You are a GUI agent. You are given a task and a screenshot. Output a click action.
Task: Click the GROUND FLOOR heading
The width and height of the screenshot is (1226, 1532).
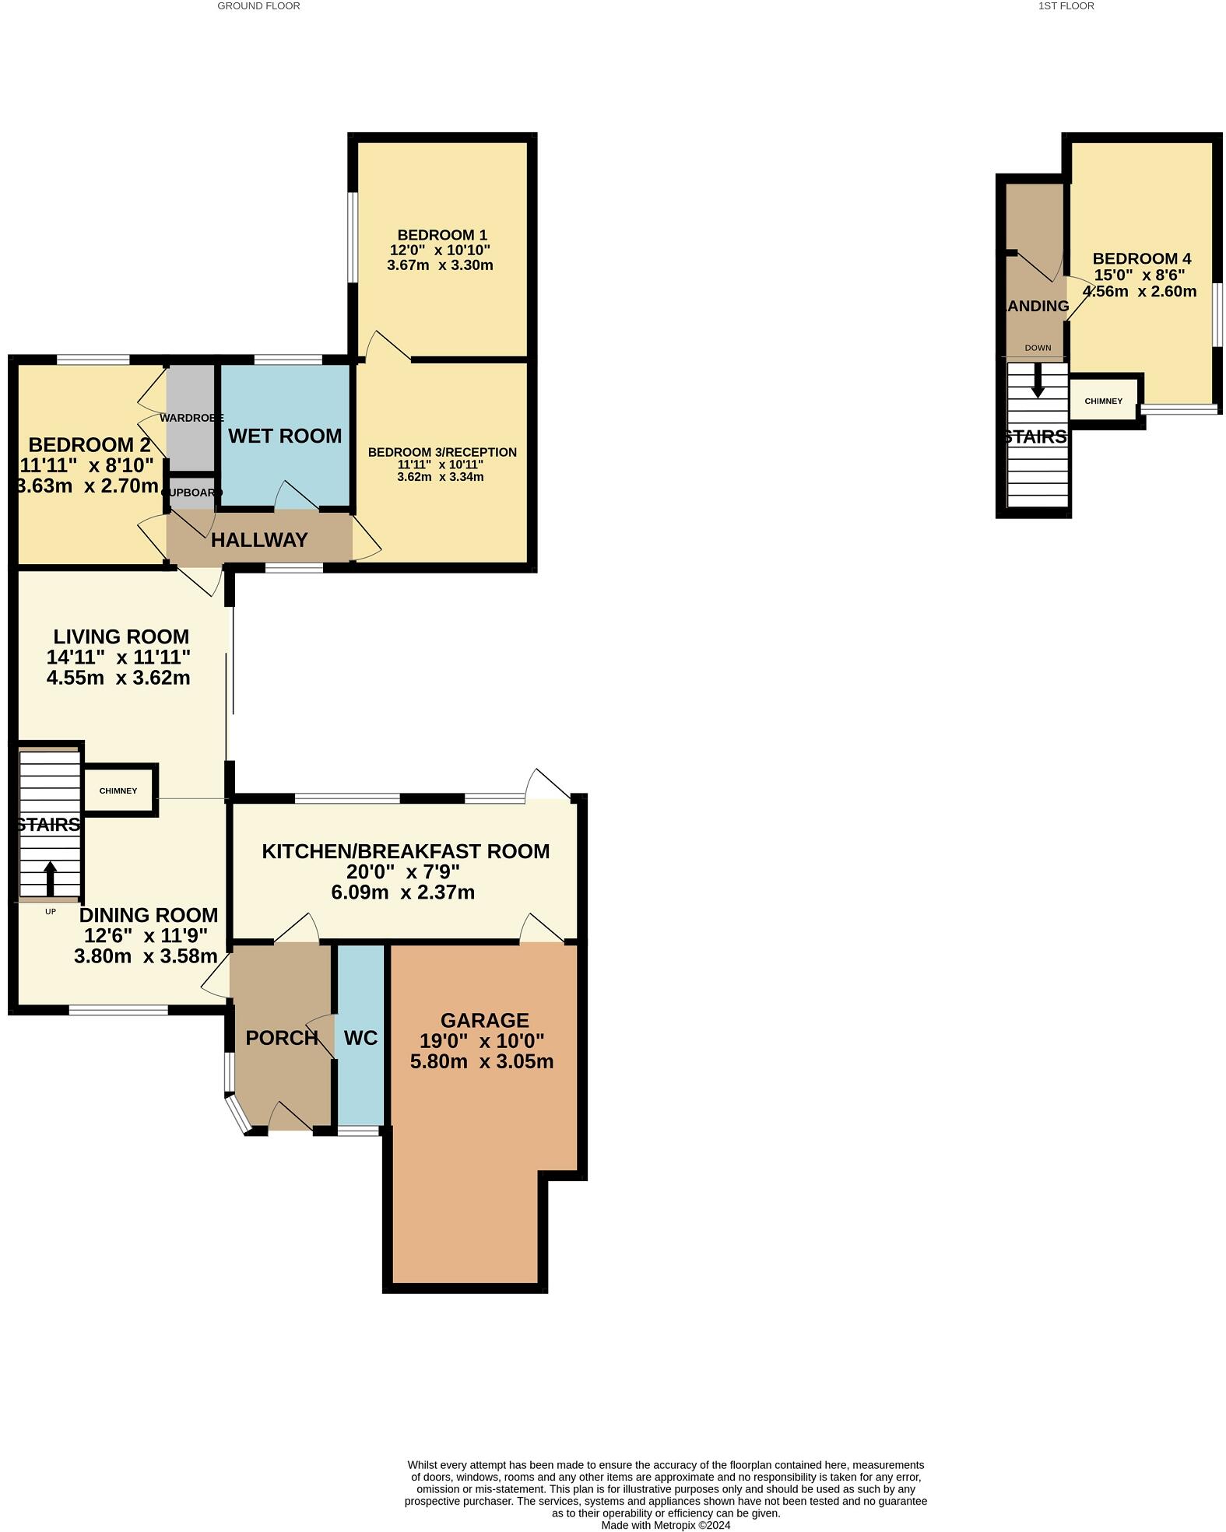coord(258,6)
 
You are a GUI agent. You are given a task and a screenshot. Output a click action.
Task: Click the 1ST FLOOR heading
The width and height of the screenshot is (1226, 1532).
coord(1066,6)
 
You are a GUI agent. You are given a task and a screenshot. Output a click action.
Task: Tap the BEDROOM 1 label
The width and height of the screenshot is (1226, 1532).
coord(441,235)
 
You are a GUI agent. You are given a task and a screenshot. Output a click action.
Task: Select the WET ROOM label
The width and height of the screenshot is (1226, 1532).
coord(285,436)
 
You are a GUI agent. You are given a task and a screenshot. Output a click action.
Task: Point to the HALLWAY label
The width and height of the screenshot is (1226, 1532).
coord(259,540)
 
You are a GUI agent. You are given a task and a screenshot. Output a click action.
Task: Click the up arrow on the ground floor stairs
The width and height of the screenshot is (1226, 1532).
coord(50,878)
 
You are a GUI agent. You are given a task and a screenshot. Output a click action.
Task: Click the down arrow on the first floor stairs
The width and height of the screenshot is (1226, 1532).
coord(1037,381)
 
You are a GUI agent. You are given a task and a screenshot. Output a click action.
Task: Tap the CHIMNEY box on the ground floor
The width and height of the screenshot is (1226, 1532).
coord(118,791)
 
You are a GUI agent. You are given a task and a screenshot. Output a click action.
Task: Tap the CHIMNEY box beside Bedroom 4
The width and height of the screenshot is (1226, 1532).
coord(1103,401)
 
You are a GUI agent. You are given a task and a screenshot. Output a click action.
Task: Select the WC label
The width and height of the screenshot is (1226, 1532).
coord(360,1038)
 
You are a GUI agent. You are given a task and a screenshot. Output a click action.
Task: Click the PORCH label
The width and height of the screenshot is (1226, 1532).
coord(281,1038)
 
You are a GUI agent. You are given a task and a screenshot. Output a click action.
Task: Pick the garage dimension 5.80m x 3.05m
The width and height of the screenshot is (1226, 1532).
coord(482,1062)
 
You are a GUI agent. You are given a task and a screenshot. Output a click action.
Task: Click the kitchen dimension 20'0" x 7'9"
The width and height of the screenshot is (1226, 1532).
coord(403,872)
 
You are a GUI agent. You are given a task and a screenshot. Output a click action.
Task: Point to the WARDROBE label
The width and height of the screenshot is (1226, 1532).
coord(191,418)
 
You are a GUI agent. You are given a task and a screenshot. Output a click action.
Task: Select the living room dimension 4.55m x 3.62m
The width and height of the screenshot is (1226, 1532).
coord(118,678)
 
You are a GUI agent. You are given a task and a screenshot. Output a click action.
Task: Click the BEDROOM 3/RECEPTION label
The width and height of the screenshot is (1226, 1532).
coord(441,452)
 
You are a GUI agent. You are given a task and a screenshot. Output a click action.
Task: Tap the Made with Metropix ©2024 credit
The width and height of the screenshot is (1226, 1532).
coord(666,1525)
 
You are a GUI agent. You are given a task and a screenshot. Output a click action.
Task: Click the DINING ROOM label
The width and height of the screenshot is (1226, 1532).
coord(148,916)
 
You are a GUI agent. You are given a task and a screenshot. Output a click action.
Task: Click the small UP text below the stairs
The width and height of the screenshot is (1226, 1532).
coord(51,911)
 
